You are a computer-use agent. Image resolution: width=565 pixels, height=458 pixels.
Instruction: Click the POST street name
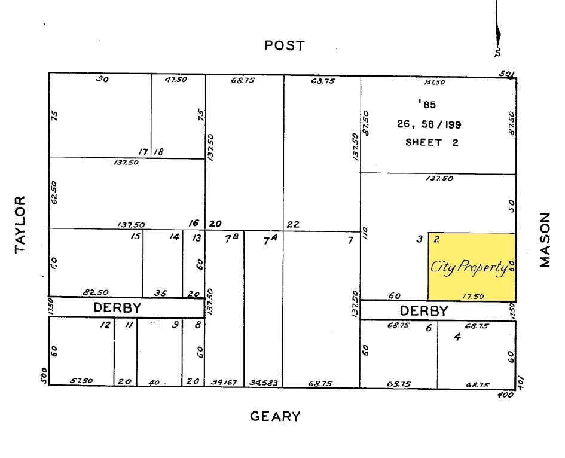284,45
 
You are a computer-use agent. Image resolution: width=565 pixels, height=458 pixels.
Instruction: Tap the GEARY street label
274,416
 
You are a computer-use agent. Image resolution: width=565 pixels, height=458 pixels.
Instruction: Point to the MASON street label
544,239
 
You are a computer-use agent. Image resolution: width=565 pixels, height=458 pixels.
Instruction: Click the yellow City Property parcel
472,267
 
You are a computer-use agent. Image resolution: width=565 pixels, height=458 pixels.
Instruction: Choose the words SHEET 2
432,142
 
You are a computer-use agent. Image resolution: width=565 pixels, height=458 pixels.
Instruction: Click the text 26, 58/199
429,124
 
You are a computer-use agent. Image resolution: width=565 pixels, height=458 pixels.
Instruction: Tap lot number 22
293,225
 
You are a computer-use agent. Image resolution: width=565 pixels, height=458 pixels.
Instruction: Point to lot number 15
135,237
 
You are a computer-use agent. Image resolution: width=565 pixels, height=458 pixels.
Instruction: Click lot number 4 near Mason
457,337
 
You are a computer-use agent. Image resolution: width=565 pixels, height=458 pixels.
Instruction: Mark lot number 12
105,325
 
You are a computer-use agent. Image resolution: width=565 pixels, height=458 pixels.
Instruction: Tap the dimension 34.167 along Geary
224,383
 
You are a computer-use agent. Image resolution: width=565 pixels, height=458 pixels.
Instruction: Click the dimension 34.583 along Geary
264,383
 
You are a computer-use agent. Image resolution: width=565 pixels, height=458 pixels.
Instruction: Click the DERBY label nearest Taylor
117,308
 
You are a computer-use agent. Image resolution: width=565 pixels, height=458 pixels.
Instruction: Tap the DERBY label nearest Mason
423,311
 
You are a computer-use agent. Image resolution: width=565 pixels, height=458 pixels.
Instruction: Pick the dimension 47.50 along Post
175,80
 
